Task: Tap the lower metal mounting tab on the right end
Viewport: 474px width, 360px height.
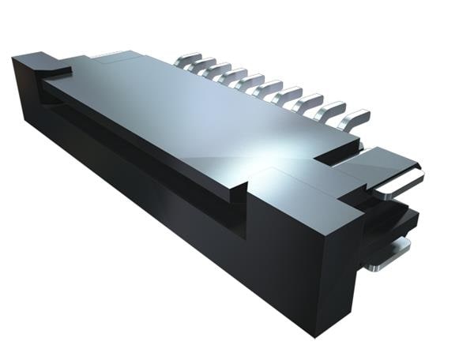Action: coord(390,252)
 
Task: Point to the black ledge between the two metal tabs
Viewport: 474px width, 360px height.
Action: coord(395,217)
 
